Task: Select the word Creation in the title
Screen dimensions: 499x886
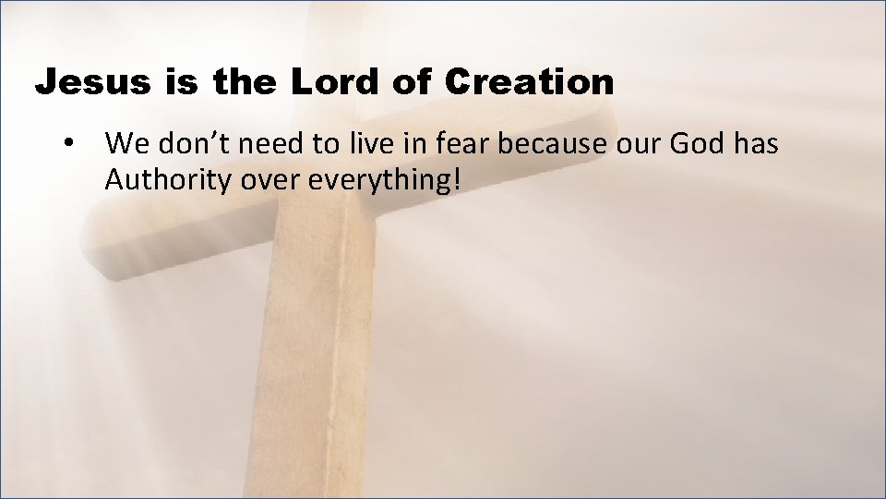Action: point(528,83)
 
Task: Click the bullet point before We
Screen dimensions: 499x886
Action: point(67,146)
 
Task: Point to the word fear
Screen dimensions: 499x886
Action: point(464,144)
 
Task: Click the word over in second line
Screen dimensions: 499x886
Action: point(270,181)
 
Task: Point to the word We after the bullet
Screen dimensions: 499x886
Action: point(125,144)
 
